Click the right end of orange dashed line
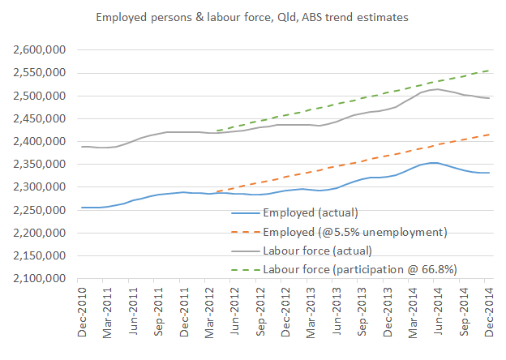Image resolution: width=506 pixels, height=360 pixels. tap(489, 135)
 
